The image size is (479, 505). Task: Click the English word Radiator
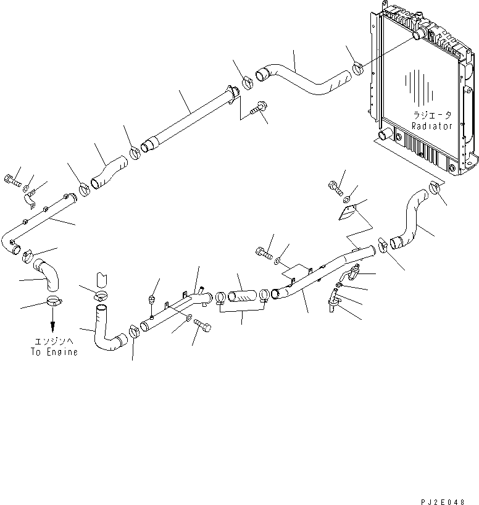click(x=432, y=126)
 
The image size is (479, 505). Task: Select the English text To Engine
click(x=54, y=353)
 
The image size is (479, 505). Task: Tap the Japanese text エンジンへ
click(x=54, y=343)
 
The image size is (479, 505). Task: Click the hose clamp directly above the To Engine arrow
click(x=53, y=303)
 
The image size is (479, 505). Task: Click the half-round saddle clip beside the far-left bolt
click(x=29, y=201)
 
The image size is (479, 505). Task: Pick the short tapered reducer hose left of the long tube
click(x=109, y=172)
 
